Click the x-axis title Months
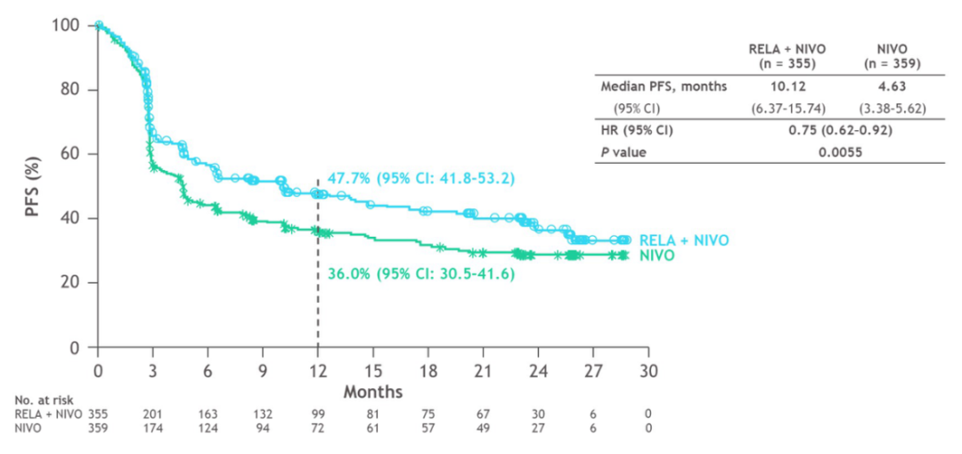tap(372, 392)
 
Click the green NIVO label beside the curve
tap(657, 255)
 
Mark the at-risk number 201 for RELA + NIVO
tap(152, 414)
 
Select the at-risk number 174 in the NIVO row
tap(152, 428)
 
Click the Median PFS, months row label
tap(664, 86)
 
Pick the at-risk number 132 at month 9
tap(263, 414)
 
